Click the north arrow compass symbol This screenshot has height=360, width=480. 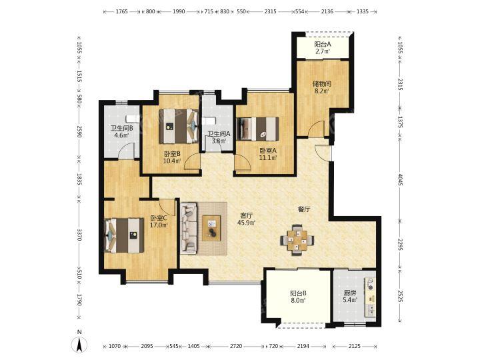pyautogui.click(x=79, y=343)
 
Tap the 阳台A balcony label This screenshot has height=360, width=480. pyautogui.click(x=323, y=45)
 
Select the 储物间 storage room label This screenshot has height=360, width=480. pyautogui.click(x=322, y=83)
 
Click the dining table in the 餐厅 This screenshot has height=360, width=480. pyautogui.click(x=297, y=240)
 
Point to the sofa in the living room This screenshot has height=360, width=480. pyautogui.click(x=189, y=228)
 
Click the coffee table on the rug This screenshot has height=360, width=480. pyautogui.click(x=211, y=228)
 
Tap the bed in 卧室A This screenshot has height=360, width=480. pyautogui.click(x=257, y=129)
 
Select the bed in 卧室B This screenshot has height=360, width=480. pyautogui.click(x=179, y=126)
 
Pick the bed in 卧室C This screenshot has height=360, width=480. pyautogui.click(x=124, y=235)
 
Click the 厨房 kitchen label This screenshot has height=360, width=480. pyautogui.click(x=349, y=293)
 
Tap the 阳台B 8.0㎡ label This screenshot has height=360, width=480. pyautogui.click(x=298, y=297)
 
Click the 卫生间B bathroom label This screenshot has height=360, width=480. pyautogui.click(x=121, y=128)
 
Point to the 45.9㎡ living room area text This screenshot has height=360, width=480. pyautogui.click(x=247, y=223)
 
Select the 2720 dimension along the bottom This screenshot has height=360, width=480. pyautogui.click(x=236, y=346)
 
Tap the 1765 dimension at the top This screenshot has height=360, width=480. pyautogui.click(x=121, y=11)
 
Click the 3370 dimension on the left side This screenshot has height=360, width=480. pyautogui.click(x=79, y=235)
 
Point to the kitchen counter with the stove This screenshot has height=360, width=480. pyautogui.click(x=370, y=297)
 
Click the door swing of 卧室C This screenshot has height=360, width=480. pyautogui.click(x=167, y=207)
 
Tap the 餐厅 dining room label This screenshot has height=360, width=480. pyautogui.click(x=304, y=209)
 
